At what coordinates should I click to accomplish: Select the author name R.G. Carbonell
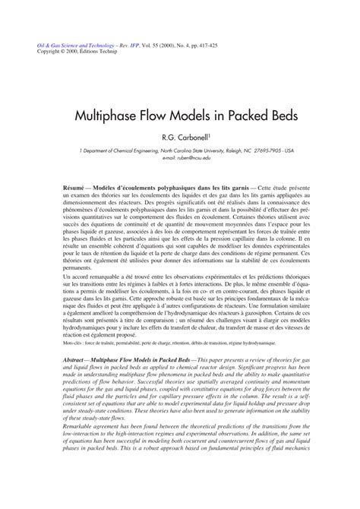tap(202, 138)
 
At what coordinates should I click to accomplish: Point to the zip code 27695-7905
tap(279, 151)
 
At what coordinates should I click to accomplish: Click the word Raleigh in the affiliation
tap(242, 151)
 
